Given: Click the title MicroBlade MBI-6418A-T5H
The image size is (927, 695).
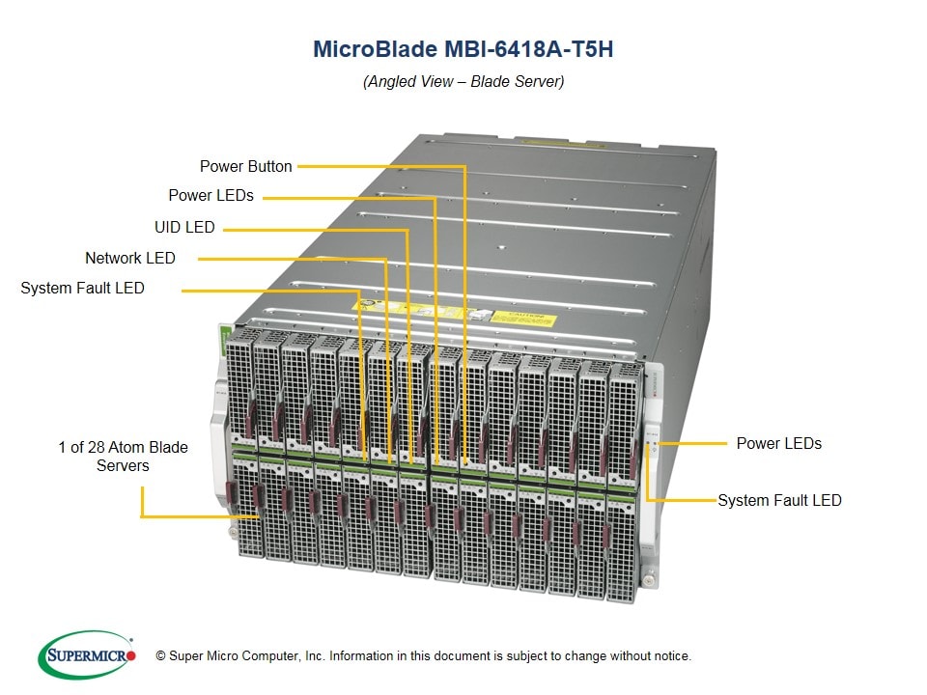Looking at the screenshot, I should point(463,49).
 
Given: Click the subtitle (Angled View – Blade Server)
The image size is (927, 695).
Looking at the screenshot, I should point(463,81).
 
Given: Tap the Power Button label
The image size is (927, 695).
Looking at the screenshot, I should point(245,166).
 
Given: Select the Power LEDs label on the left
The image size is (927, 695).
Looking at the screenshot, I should point(211,195).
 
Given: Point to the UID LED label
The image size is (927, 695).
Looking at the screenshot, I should point(184,228).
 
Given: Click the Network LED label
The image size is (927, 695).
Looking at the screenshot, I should point(130,258).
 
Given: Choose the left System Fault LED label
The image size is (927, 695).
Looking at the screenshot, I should point(82,288).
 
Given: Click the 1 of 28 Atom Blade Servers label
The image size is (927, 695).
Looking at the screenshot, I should point(123,457).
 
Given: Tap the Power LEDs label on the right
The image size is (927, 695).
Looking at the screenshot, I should point(778,443).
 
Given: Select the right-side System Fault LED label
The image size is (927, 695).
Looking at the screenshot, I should point(779,500).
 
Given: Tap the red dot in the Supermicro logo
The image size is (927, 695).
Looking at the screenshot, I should point(132,655).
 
